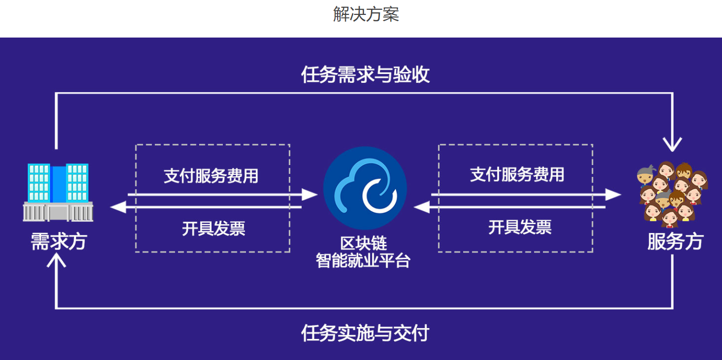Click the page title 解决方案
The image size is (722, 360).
[x=366, y=14]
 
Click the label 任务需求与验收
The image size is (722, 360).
[x=365, y=75]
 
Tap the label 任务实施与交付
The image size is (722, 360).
[x=365, y=333]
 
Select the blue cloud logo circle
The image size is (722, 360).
[x=365, y=188]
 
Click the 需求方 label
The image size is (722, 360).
[x=58, y=241]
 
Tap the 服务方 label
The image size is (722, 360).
[x=675, y=241]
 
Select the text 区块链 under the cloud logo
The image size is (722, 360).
[x=363, y=243]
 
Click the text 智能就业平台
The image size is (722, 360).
[x=363, y=260]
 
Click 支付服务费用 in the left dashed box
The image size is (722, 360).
[x=211, y=176]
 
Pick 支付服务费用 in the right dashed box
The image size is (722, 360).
[x=517, y=174]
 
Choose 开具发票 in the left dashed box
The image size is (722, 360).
[x=213, y=228]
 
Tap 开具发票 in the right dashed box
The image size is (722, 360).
[x=519, y=226]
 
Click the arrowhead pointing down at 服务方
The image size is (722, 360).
[x=672, y=144]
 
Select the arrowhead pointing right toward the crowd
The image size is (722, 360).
[x=613, y=194]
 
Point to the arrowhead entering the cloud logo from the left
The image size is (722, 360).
[x=309, y=194]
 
